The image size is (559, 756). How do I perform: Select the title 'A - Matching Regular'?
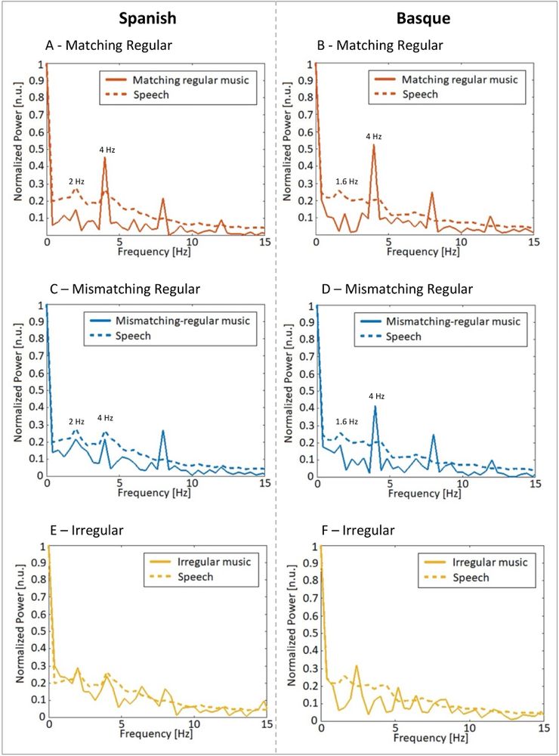tap(109, 45)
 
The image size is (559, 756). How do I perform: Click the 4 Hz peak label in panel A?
tap(107, 150)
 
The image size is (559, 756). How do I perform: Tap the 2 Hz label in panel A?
tap(76, 181)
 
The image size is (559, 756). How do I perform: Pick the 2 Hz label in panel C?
tap(76, 421)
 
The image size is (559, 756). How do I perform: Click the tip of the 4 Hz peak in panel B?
tap(374, 145)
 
